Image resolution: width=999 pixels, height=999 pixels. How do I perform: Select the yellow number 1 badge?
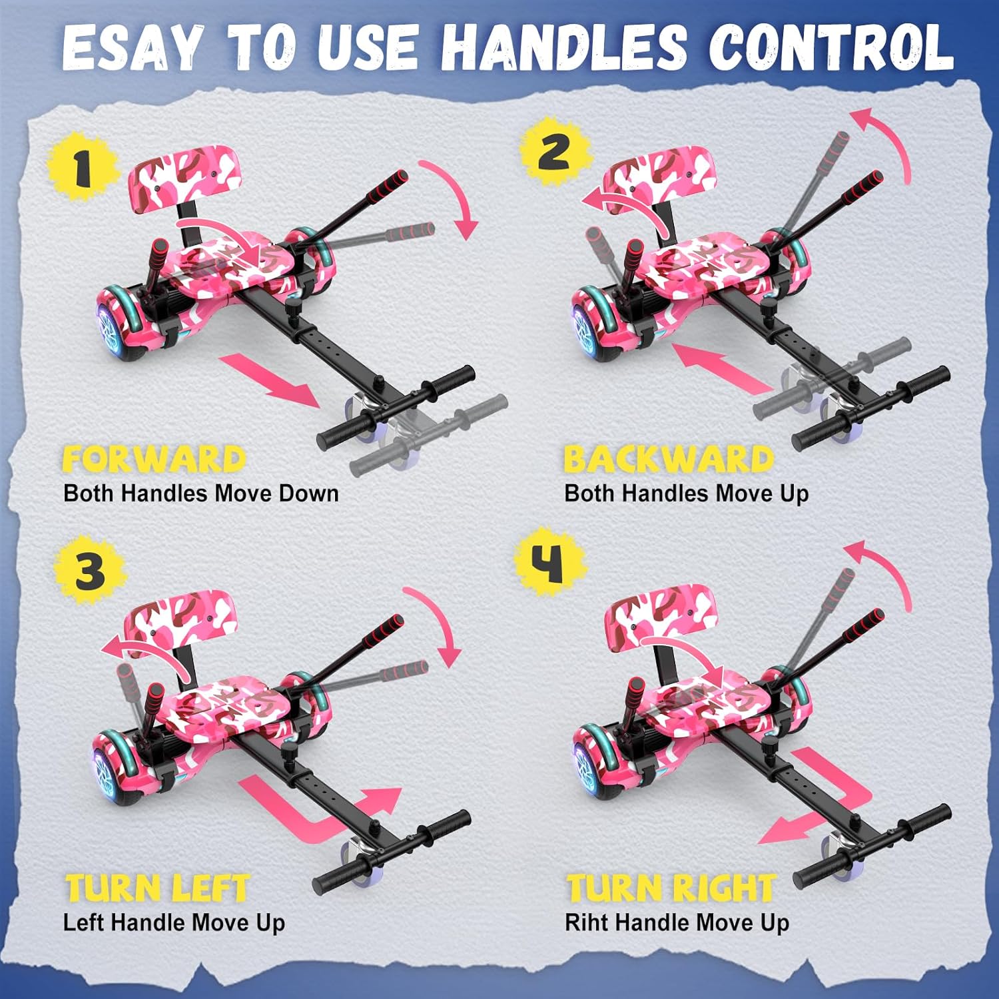(82, 166)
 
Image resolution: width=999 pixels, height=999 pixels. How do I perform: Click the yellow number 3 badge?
(89, 571)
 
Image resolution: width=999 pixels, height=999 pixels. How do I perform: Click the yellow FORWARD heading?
(155, 460)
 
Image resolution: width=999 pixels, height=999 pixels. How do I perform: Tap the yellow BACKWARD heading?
(669, 460)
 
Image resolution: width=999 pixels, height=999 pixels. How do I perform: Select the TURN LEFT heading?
(157, 888)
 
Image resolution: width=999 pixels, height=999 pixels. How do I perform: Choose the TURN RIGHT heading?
(671, 888)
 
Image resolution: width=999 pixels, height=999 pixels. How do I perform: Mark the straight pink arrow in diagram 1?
(270, 381)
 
